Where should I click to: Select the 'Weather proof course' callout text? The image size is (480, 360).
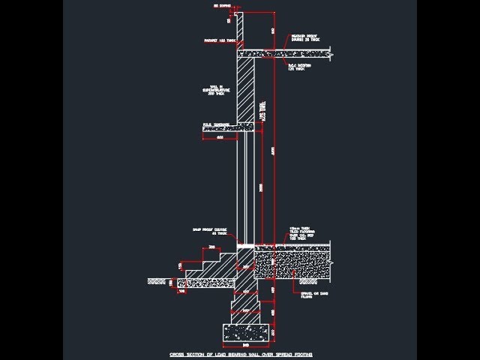pyautogui.click(x=303, y=37)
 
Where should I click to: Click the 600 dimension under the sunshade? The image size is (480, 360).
pyautogui.click(x=220, y=138)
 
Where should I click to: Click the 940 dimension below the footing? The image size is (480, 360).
pyautogui.click(x=247, y=345)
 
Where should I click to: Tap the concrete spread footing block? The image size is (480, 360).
pyautogui.click(x=247, y=331)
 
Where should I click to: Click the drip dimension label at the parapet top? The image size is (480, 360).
pyautogui.click(x=222, y=6)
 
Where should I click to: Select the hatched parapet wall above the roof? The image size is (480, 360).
pyautogui.click(x=238, y=30)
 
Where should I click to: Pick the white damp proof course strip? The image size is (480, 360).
pyautogui.click(x=245, y=244)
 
